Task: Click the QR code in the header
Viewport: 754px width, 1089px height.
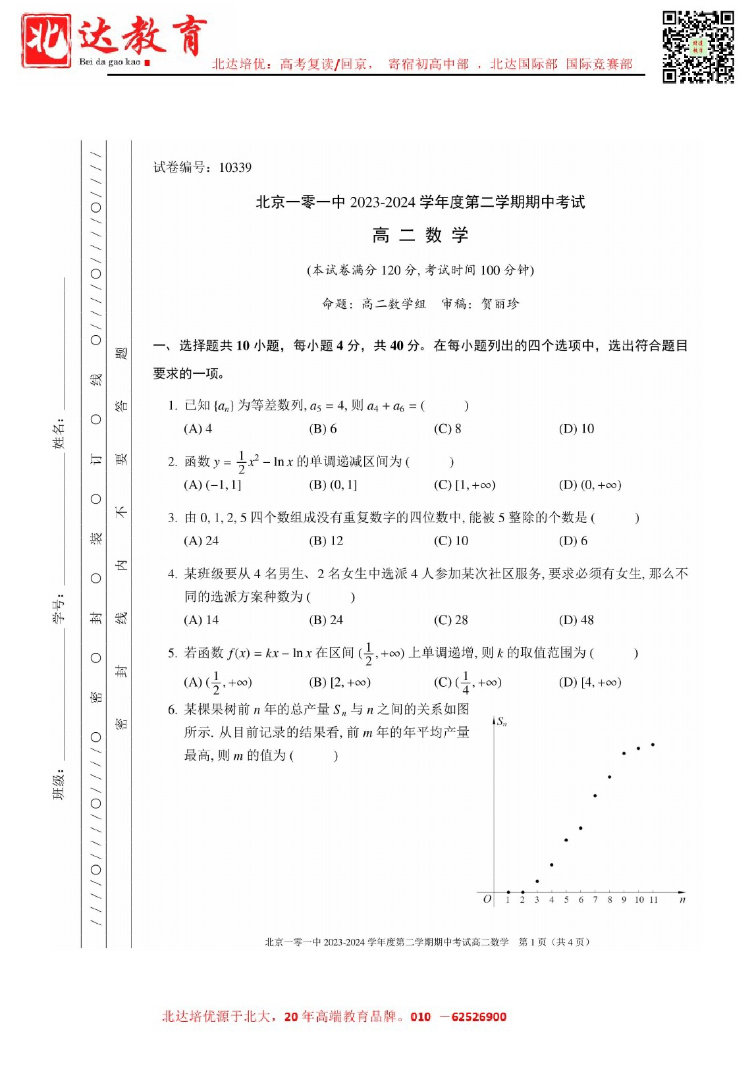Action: pos(698,47)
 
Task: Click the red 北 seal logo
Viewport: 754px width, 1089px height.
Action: pos(46,41)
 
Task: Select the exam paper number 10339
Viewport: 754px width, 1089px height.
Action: pos(235,167)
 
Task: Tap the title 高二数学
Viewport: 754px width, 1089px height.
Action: pos(420,235)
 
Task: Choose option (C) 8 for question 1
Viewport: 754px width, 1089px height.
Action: pos(447,429)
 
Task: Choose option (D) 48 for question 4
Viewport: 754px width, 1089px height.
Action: pos(576,620)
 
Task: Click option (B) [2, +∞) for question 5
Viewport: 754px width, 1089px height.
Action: pos(340,682)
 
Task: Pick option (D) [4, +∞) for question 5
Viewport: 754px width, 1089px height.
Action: pos(590,682)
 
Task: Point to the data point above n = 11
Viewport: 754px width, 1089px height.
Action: pos(653,745)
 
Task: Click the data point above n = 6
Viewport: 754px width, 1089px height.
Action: pos(581,828)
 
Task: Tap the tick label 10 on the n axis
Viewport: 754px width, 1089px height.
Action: pos(639,899)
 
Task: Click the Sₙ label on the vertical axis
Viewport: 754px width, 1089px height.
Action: pos(502,722)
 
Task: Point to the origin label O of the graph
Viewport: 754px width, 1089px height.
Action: pos(487,899)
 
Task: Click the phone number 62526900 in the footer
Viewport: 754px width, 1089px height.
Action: pos(479,1017)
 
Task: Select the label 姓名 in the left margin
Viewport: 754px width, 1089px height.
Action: pos(59,433)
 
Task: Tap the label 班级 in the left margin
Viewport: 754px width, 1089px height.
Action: pos(59,784)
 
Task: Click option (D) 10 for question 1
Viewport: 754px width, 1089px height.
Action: pos(576,429)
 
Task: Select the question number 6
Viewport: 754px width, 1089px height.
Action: pos(173,709)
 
